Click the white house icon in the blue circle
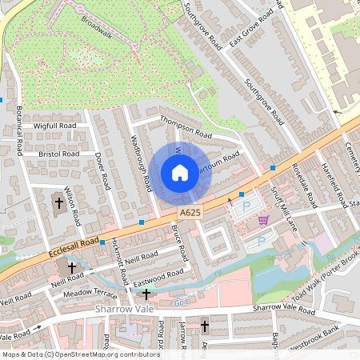179,172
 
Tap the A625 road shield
190,213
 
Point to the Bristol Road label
58,154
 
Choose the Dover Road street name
101,170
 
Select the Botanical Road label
18,136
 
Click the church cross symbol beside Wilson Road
58,203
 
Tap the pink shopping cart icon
262,221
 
